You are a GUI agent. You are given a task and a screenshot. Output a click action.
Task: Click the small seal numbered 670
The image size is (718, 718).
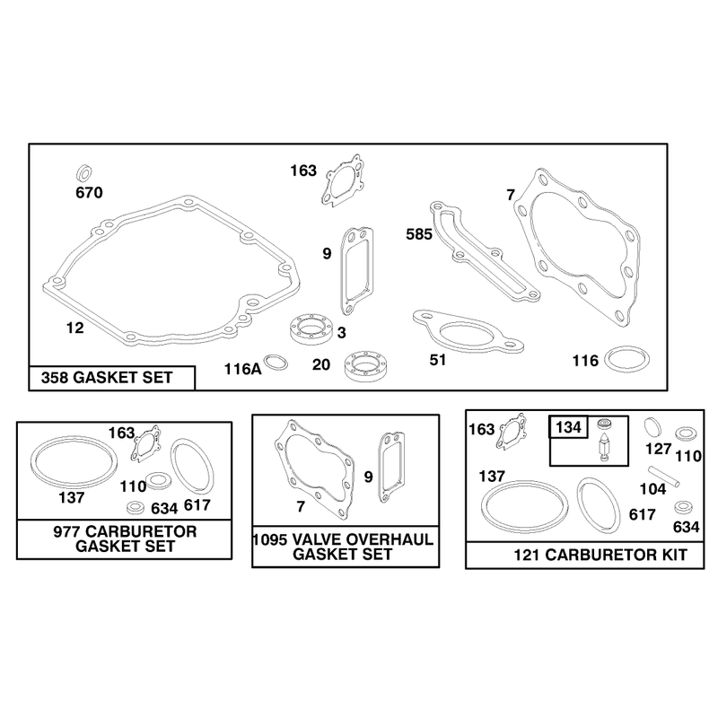[83, 173]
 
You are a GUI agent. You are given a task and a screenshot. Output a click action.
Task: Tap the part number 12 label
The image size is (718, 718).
[75, 328]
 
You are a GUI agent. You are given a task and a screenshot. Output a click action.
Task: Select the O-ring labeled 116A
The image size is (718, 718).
[276, 363]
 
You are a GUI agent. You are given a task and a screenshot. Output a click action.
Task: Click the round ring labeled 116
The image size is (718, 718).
[626, 360]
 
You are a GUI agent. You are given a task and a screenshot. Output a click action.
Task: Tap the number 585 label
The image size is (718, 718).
[419, 234]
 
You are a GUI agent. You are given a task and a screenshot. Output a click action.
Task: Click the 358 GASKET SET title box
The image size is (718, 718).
[111, 378]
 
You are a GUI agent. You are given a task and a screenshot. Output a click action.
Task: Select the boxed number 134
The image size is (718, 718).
[568, 427]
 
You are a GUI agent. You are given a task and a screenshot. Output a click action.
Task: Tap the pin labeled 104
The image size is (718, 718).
[663, 477]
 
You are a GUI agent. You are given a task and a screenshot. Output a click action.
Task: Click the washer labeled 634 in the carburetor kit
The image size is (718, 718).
[683, 507]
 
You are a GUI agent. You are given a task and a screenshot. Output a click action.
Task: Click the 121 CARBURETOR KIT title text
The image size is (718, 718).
[600, 555]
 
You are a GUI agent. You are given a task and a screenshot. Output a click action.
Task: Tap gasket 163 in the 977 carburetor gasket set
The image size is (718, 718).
[146, 442]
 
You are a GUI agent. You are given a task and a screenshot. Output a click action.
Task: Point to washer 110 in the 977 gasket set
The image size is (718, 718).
[159, 480]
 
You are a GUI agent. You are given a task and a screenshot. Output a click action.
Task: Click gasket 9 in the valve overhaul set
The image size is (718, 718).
[391, 468]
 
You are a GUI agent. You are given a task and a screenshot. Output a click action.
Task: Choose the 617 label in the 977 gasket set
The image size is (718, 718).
[197, 505]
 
